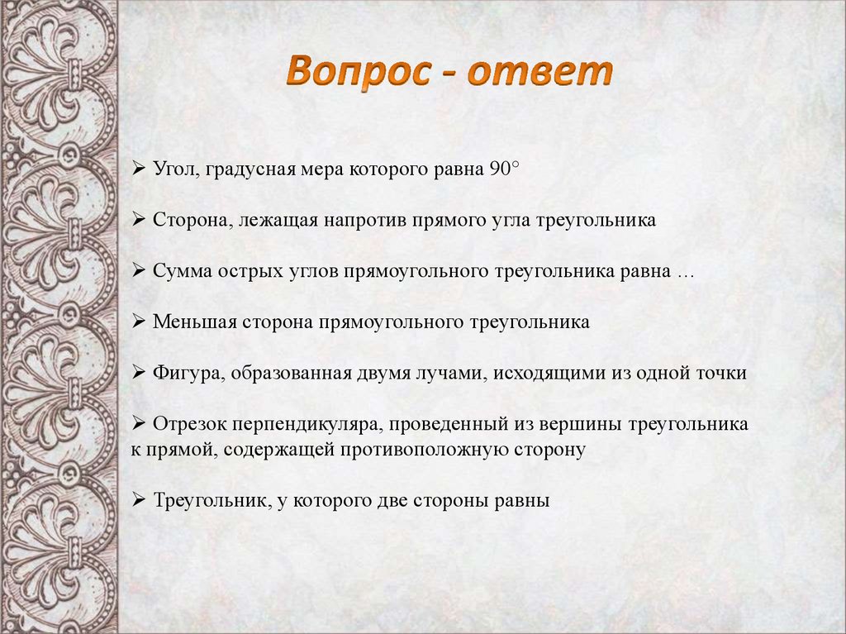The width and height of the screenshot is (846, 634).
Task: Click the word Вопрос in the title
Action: [x=358, y=72]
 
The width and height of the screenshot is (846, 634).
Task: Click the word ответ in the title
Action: [x=540, y=72]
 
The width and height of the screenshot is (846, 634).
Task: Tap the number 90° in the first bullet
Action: [x=504, y=169]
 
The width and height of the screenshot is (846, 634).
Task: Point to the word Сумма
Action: [x=183, y=271]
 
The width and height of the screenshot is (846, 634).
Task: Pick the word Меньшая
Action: [x=195, y=322]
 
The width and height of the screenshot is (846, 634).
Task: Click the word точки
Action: [x=721, y=373]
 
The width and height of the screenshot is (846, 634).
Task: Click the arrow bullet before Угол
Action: [x=139, y=169]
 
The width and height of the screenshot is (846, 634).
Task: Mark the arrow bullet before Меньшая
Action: [x=139, y=322]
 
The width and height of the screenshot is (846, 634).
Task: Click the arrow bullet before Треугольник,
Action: [x=139, y=500]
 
